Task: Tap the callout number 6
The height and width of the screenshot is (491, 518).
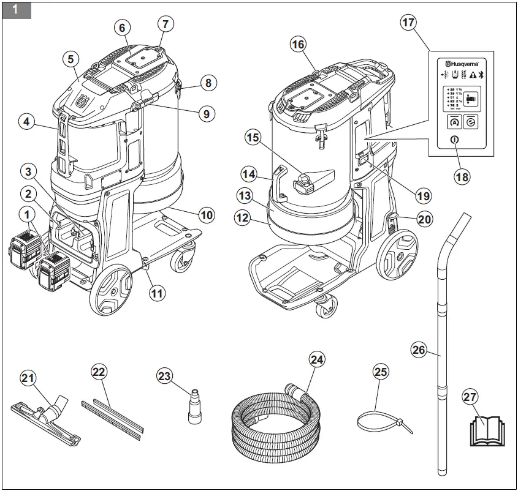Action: pyautogui.click(x=121, y=28)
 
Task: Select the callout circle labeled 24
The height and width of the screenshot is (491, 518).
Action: pyautogui.click(x=316, y=359)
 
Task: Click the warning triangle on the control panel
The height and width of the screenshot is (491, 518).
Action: pyautogui.click(x=472, y=75)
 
